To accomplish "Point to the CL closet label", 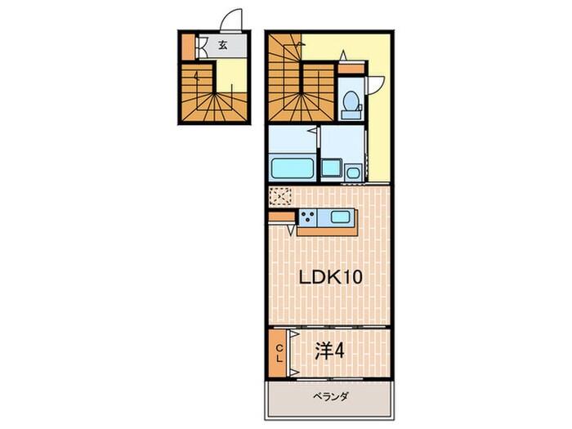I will coord(279,353).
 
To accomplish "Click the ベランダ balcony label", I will coord(331,397).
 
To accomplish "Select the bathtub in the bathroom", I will coord(292,169).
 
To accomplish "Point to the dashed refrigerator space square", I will coord(279,197).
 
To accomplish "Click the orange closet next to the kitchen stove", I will coord(281,217).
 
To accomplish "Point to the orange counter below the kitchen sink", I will coord(327,230).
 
